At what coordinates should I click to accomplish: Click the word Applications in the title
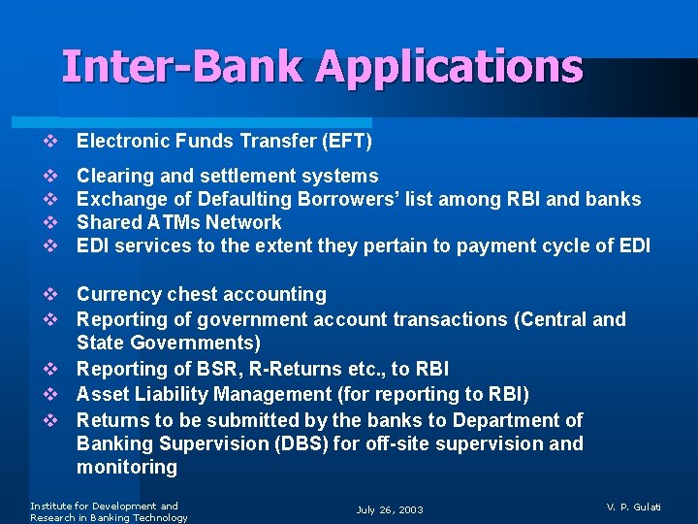449,68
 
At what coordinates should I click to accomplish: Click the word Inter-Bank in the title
184,68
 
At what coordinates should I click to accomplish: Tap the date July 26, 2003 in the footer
390,509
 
